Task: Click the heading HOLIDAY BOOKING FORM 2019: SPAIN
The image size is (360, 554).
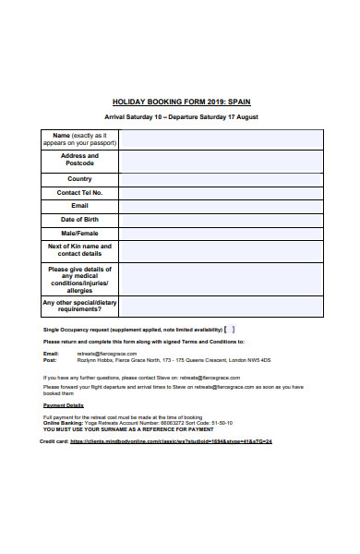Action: click(180, 102)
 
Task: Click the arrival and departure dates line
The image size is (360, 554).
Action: click(180, 118)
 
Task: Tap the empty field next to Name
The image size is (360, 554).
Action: click(222, 139)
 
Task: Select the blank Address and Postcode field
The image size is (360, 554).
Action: click(222, 161)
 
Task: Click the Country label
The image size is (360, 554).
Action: click(79, 179)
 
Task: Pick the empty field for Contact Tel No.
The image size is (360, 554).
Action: click(222, 192)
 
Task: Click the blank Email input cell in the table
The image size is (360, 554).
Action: click(222, 206)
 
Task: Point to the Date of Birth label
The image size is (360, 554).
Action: click(79, 220)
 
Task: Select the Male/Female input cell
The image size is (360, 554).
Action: click(222, 234)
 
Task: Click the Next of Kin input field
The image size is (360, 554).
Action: click(222, 251)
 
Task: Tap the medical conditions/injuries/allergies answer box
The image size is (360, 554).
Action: click(222, 279)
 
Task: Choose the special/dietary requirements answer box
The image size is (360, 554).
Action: click(222, 307)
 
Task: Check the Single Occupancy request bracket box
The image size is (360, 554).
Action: click(232, 329)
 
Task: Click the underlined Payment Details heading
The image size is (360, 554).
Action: click(64, 405)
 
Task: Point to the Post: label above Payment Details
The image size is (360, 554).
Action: click(50, 360)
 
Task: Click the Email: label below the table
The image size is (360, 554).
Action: click(52, 354)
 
